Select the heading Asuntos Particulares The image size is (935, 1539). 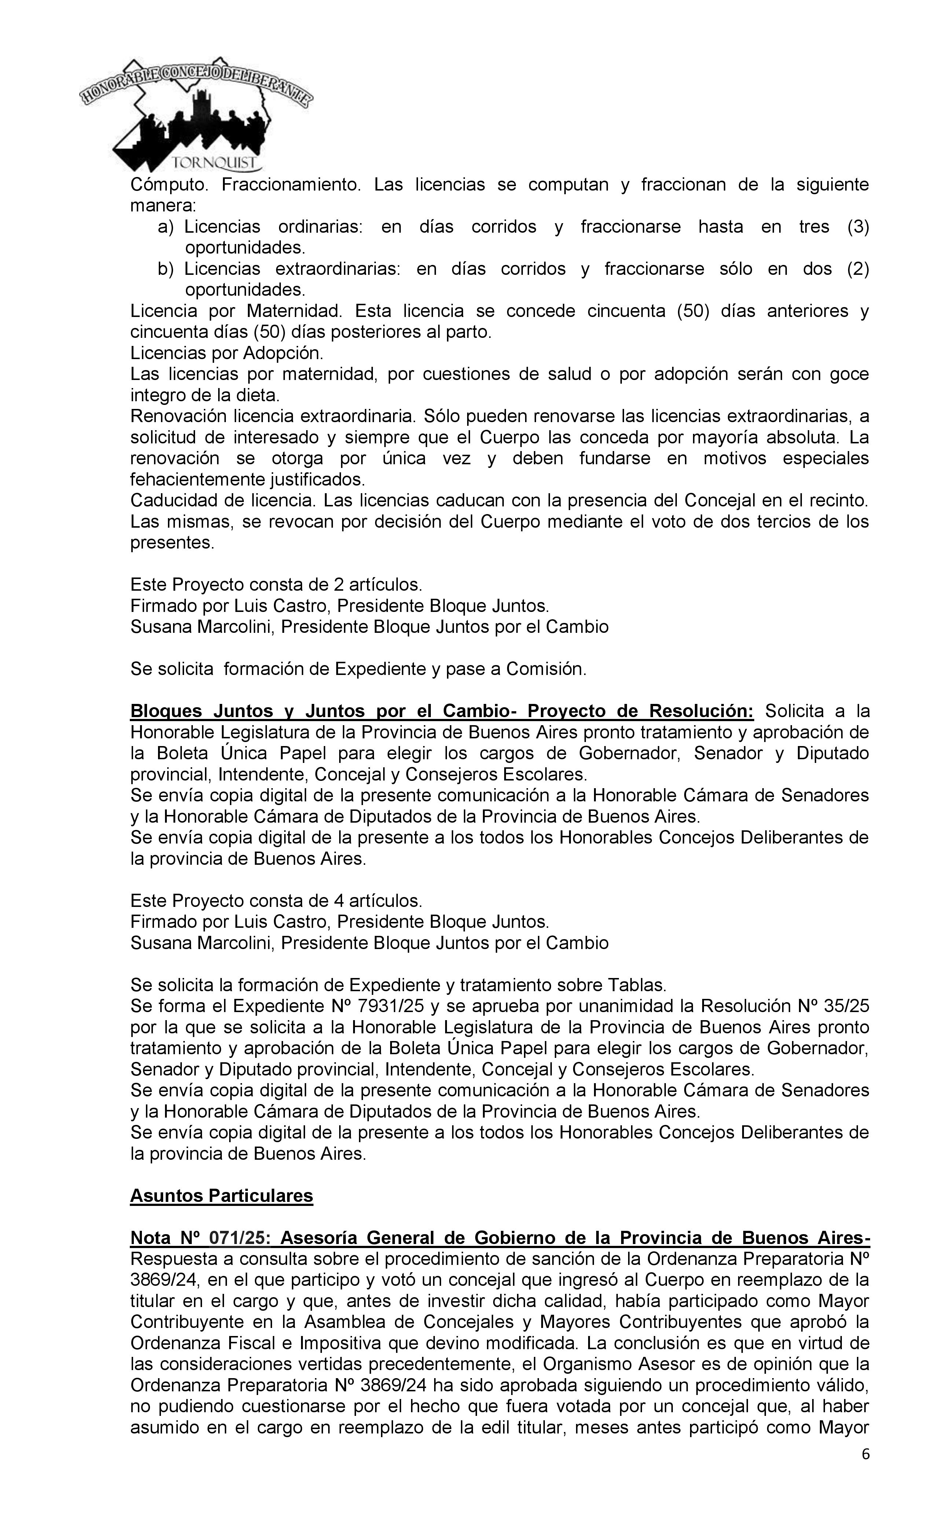(x=221, y=1195)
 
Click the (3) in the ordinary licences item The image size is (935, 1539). (x=858, y=227)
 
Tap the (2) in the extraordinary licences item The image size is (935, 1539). (x=858, y=269)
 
